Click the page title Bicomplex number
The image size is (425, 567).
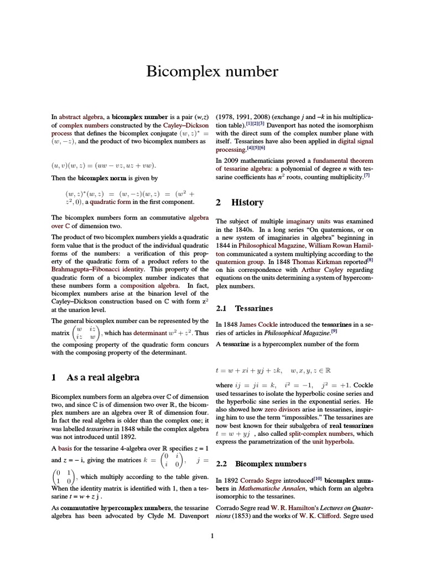[x=212, y=71]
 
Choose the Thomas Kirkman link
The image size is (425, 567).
[x=317, y=261]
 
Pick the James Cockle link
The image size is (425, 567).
[x=256, y=324]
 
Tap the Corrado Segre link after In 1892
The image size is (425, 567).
[x=260, y=480]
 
